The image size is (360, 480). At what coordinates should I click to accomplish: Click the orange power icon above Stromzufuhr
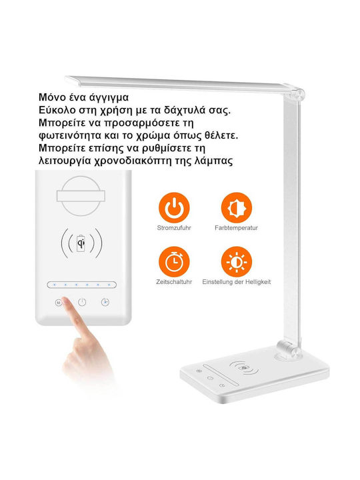coord(174,207)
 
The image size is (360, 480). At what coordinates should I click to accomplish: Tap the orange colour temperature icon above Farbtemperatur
coord(236,207)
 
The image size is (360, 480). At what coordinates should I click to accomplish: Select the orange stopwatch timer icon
coord(174,262)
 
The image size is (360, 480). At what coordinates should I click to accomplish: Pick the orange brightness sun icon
coord(236,262)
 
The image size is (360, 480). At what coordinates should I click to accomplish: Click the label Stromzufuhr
coord(174,228)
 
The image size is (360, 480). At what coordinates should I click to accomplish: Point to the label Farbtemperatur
coord(236,228)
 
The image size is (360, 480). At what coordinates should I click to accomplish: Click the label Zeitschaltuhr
coord(174,282)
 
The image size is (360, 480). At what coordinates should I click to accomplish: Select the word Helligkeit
coord(258,282)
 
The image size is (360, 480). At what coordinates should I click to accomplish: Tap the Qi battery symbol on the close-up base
coord(81,244)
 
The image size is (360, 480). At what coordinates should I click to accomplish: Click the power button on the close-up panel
coord(82,303)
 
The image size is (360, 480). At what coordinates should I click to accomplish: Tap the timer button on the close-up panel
coord(105,302)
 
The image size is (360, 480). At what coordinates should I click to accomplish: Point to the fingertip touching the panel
coord(66,301)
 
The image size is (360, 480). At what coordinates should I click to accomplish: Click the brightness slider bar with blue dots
coord(82,285)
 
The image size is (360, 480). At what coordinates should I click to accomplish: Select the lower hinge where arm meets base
coord(288,349)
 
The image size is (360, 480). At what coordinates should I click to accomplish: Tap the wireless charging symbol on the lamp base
coord(244,367)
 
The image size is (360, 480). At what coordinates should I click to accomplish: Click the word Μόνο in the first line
coord(53,97)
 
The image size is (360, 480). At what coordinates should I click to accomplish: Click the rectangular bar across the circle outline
coord(81,196)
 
